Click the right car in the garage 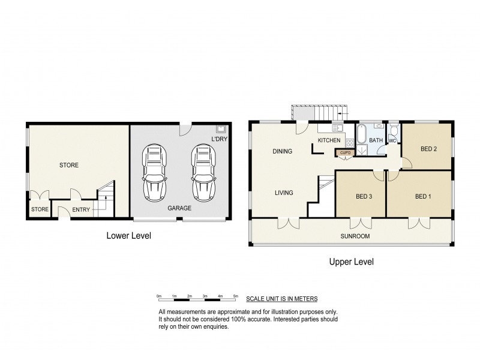pos(203,174)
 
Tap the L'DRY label pos(219,140)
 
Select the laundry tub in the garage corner pos(221,129)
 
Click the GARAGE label pos(179,208)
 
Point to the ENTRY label pos(82,209)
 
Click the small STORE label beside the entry pos(40,209)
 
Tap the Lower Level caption pos(128,236)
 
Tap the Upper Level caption pos(352,262)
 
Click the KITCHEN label pos(329,140)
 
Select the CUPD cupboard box pos(345,153)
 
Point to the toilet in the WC pos(394,131)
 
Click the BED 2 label pos(427,149)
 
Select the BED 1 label pos(423,196)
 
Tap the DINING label pos(282,151)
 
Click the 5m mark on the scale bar pos(236,296)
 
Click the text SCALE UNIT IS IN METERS pos(281,298)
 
